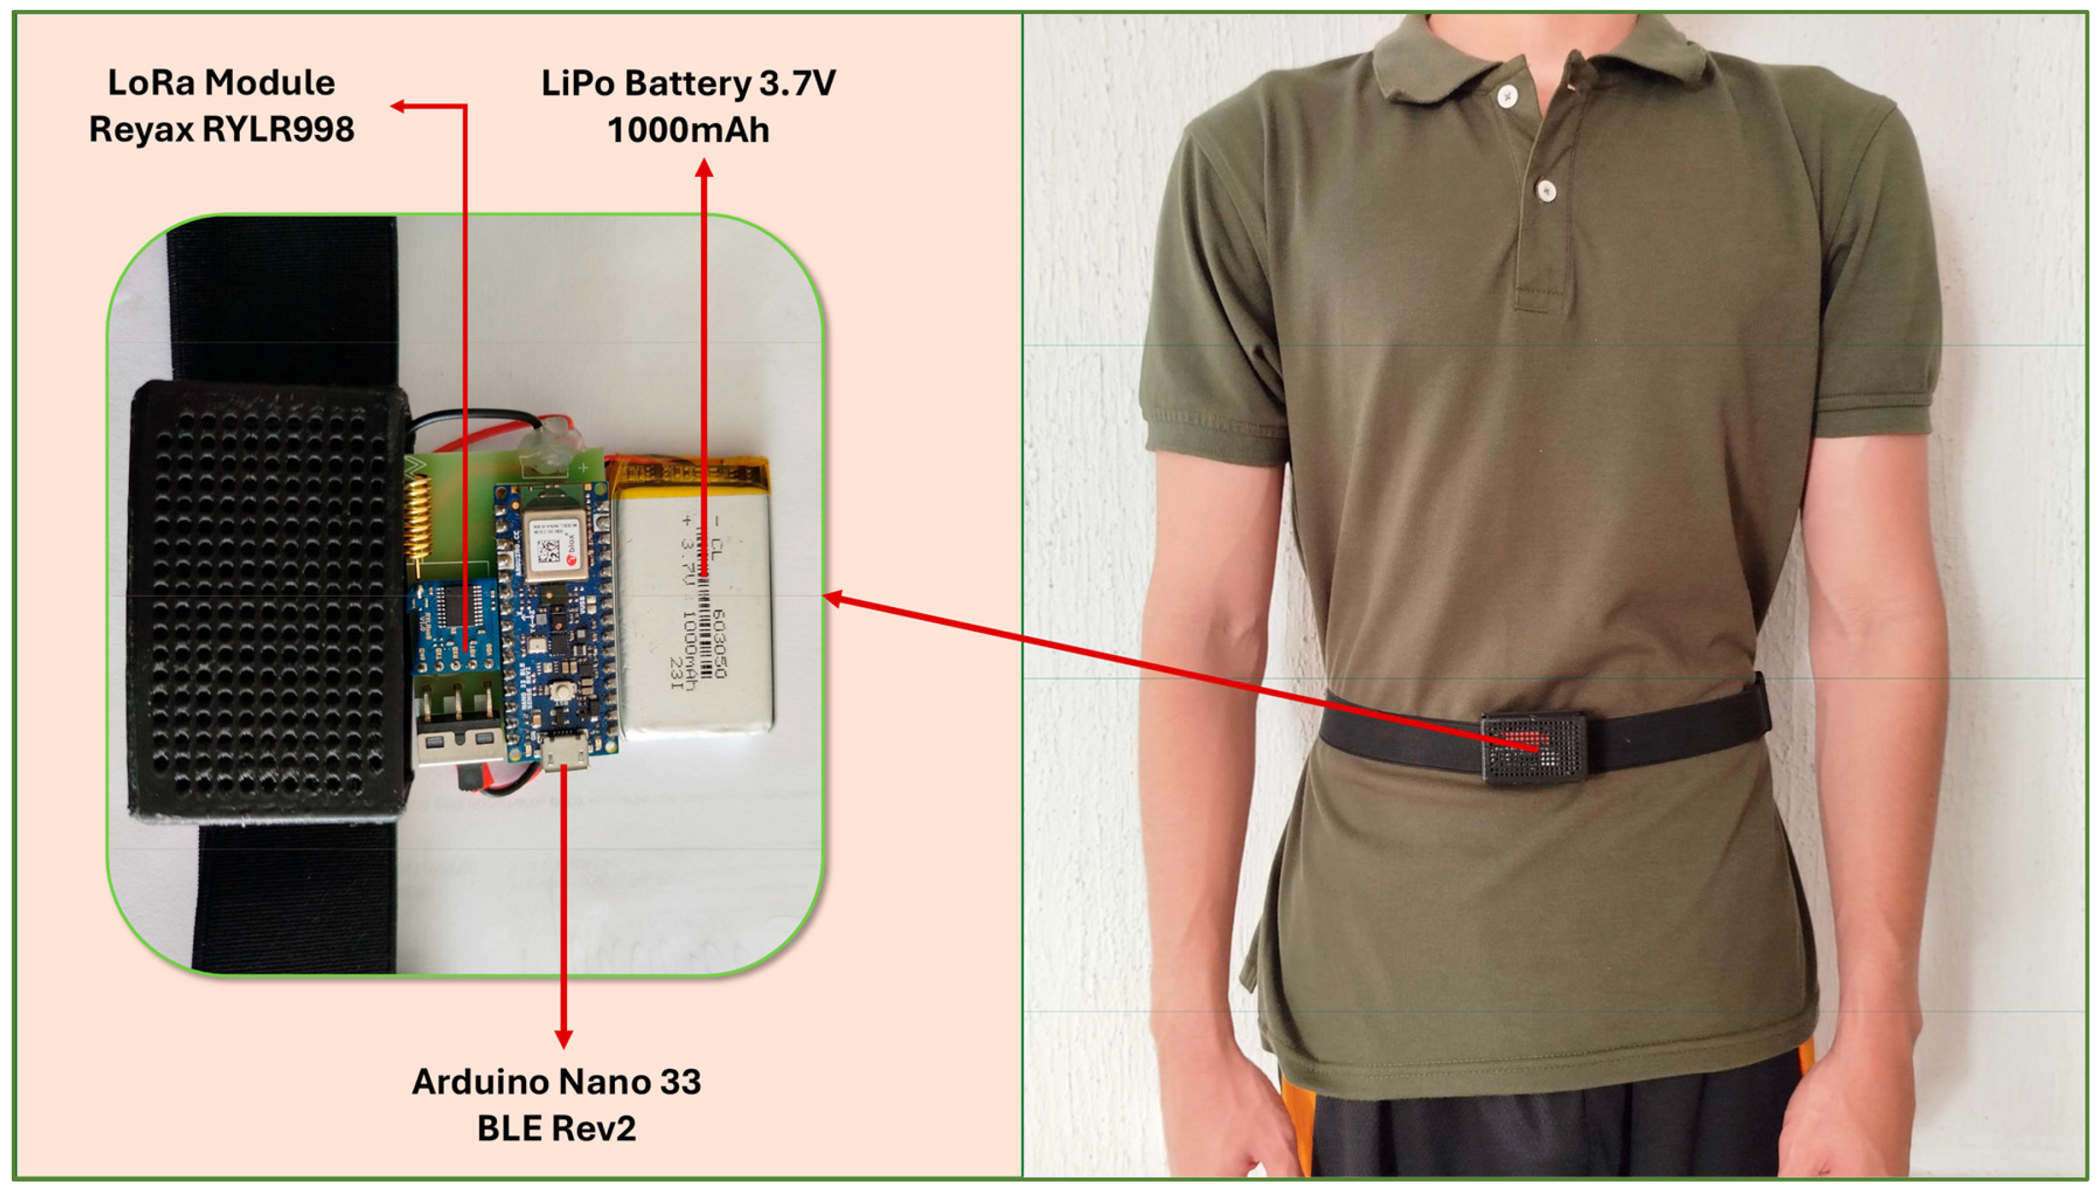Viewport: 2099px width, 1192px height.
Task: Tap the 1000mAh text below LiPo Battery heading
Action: pos(688,130)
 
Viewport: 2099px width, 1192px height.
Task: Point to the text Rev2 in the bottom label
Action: pos(597,1128)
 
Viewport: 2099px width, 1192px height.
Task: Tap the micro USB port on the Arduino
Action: pos(566,755)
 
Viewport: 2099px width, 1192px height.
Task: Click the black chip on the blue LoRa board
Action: pos(449,606)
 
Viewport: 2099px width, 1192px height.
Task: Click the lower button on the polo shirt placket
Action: pos(1545,190)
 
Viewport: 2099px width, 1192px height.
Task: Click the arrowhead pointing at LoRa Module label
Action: pos(398,106)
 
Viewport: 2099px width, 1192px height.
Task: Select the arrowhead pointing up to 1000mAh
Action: pos(704,168)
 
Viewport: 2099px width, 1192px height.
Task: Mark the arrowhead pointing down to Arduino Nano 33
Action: pos(563,1039)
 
